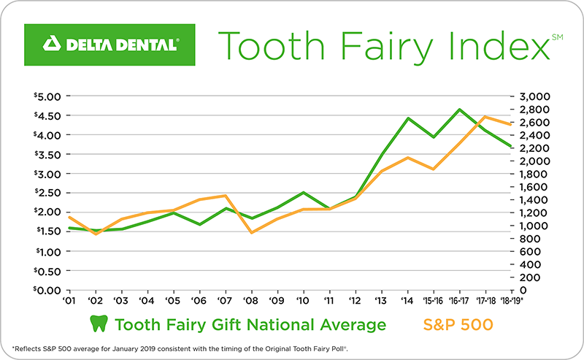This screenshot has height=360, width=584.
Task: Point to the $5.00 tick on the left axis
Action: (x=50, y=96)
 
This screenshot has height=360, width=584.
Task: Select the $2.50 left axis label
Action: (x=50, y=194)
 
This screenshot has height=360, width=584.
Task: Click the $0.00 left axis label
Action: (x=50, y=291)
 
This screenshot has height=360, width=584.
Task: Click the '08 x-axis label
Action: (x=250, y=300)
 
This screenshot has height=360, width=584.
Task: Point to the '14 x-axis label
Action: (x=407, y=300)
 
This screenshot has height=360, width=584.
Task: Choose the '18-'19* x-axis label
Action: (x=513, y=300)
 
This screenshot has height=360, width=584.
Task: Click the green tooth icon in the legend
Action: (x=97, y=324)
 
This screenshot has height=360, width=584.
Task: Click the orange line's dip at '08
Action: (x=250, y=233)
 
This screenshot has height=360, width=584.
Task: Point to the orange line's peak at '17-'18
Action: (x=485, y=117)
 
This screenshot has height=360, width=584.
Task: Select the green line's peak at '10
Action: (x=303, y=193)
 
